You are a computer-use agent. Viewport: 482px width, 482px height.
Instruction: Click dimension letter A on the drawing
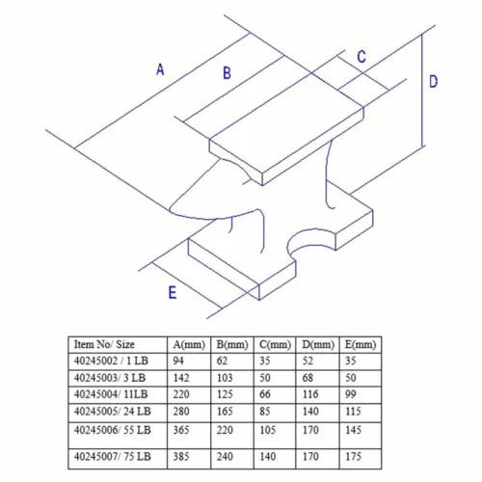[160, 69]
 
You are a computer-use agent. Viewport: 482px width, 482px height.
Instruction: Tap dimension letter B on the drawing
[227, 72]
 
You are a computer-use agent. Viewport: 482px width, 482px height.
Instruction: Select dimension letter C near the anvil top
[361, 57]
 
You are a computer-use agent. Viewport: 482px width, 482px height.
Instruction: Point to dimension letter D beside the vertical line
[433, 81]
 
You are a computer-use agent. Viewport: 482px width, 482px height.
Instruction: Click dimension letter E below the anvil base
[173, 292]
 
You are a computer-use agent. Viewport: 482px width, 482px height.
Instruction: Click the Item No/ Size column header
[104, 344]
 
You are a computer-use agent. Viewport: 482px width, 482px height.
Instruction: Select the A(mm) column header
[189, 345]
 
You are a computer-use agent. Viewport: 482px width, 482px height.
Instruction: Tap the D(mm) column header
[318, 345]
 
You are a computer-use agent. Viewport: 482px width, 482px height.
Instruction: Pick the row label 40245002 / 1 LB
[111, 361]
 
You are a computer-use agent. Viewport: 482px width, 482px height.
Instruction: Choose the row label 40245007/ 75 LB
[113, 456]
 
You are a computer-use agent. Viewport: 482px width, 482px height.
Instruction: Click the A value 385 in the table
[181, 456]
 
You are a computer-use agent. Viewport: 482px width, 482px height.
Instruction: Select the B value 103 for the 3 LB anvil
[225, 378]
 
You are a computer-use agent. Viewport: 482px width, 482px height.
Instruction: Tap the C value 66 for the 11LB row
[265, 394]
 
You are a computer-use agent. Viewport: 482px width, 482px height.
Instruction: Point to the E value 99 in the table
[351, 394]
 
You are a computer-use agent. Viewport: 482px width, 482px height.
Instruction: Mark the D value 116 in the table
[310, 394]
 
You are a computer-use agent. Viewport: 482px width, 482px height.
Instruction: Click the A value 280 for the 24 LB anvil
[181, 412]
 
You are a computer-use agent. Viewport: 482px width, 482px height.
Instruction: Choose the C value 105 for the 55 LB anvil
[267, 430]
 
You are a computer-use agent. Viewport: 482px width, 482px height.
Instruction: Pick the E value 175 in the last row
[354, 456]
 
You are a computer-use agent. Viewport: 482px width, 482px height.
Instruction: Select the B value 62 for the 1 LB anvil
[222, 361]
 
